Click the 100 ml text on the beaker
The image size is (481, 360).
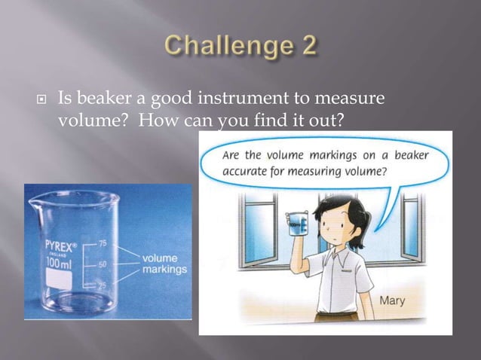(61, 264)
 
